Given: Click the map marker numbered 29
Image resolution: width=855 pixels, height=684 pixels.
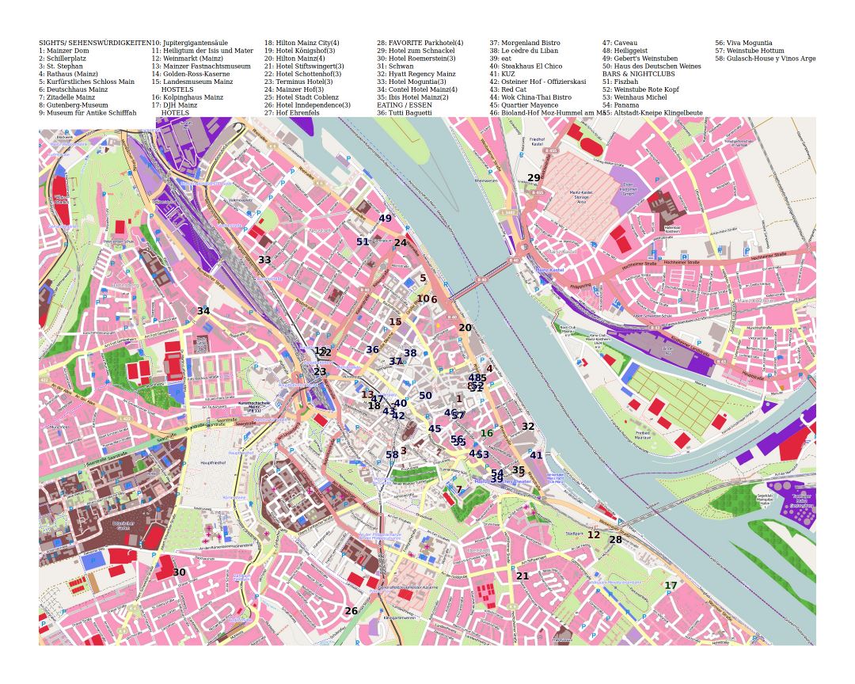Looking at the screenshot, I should tap(534, 178).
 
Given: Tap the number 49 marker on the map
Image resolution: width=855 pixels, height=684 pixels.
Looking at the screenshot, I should tap(385, 218).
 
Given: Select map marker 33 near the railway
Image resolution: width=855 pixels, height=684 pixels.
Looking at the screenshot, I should tap(264, 260).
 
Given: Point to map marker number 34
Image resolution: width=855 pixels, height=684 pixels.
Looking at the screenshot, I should tap(203, 311).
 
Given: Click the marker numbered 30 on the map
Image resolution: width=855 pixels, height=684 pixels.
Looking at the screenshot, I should tap(180, 572).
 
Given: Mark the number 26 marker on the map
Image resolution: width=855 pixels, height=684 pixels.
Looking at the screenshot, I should tap(351, 611).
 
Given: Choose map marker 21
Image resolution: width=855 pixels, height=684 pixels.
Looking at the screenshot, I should tap(522, 576).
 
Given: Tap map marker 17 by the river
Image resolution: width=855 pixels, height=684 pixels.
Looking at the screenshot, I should tap(671, 586).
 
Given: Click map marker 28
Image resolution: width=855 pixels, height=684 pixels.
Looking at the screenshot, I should tap(615, 540).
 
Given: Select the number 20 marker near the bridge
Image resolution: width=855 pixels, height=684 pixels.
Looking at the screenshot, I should tap(465, 328).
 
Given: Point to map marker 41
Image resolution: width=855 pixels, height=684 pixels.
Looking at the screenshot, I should tap(536, 455).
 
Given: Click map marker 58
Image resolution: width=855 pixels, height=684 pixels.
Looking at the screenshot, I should tap(392, 454).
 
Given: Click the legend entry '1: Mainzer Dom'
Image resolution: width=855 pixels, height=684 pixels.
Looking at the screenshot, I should tap(64, 51).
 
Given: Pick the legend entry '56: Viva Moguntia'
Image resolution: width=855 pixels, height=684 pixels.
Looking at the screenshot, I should tap(743, 43).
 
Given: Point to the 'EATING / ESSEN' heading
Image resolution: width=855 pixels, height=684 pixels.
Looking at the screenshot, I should tap(404, 104).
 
